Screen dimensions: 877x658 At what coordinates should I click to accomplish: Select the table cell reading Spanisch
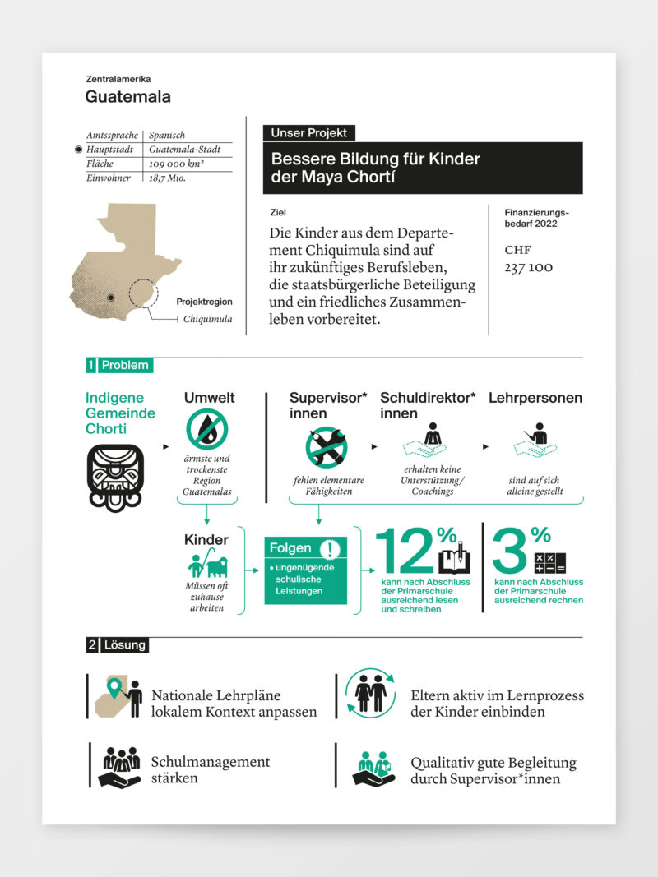(167, 135)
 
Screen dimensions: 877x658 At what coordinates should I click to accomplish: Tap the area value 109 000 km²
(176, 164)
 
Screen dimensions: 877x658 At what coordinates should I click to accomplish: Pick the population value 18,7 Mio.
(167, 178)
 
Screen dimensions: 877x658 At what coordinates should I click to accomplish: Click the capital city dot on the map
(110, 298)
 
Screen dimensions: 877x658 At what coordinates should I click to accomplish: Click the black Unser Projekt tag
(308, 132)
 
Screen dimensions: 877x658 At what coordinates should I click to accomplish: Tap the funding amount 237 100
(528, 268)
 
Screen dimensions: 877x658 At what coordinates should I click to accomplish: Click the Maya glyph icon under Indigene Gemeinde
(115, 478)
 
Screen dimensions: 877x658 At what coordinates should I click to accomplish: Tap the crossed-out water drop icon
(206, 430)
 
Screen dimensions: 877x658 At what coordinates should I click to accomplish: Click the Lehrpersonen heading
(535, 398)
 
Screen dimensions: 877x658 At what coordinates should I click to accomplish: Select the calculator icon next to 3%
(550, 562)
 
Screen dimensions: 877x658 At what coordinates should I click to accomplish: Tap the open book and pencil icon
(454, 558)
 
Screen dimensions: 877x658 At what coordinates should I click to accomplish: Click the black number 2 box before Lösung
(91, 645)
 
